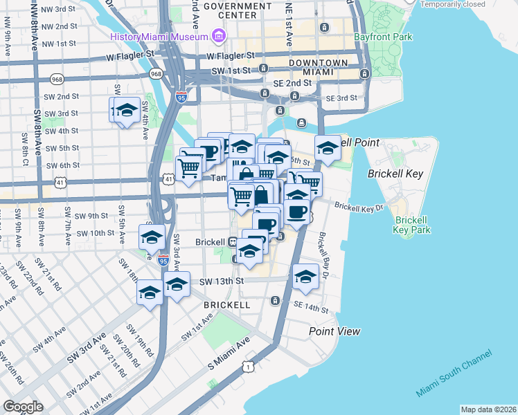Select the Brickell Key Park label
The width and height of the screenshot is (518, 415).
click(x=412, y=225)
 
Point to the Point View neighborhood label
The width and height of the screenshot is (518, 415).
click(x=334, y=331)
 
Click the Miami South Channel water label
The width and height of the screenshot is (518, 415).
click(x=454, y=373)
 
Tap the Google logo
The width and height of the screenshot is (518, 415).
click(x=23, y=407)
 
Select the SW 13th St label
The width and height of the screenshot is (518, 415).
click(x=222, y=282)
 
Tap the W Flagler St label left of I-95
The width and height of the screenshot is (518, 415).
click(x=129, y=53)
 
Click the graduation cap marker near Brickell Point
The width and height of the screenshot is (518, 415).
click(x=328, y=147)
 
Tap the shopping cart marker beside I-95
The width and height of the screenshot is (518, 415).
click(x=188, y=168)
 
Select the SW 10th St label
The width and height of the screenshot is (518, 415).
click(x=96, y=233)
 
